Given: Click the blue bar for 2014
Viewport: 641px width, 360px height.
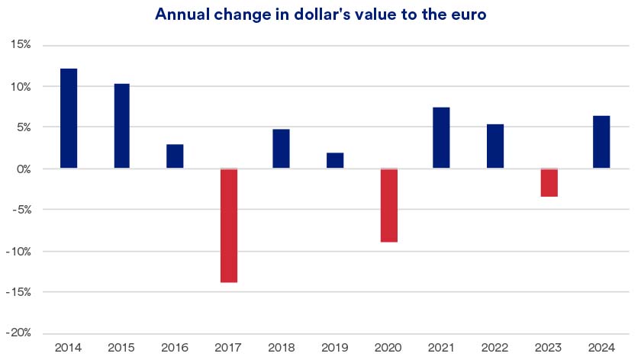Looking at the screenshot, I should coord(69,118).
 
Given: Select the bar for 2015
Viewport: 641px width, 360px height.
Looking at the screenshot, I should coord(121,126).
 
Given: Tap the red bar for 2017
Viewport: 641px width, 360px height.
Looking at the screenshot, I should coord(228,225).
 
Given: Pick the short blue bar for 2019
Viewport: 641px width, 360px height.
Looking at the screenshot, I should coord(335,160).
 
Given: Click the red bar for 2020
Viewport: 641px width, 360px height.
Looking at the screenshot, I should coord(388,205).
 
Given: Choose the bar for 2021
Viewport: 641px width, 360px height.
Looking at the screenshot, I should coord(441,138).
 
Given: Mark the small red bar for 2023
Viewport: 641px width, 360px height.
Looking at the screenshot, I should coord(549,182).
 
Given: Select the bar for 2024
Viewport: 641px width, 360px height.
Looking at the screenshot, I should coord(601,142).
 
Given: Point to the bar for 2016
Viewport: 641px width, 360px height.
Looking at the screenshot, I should coord(175,156).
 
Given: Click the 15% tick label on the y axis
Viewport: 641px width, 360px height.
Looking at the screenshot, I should coord(20,45).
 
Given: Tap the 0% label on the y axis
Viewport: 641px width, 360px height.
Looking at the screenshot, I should coord(22,169).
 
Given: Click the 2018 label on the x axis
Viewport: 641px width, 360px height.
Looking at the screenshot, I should coord(281,348).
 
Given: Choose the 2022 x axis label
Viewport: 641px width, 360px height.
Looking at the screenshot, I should coord(495,348).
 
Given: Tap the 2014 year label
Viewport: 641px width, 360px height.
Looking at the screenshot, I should coord(69,348).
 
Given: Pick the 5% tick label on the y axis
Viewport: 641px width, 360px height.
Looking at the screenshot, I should coord(22,127).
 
